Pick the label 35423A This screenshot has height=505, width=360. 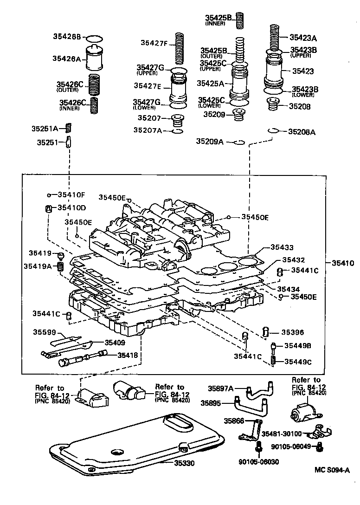coord(302,38)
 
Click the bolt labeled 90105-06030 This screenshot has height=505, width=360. coord(257,447)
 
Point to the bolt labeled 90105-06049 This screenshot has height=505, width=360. coord(320,447)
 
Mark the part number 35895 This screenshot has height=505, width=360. coord(212,403)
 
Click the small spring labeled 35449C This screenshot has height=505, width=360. coord(275,360)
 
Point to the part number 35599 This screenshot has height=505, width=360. coord(44,332)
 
